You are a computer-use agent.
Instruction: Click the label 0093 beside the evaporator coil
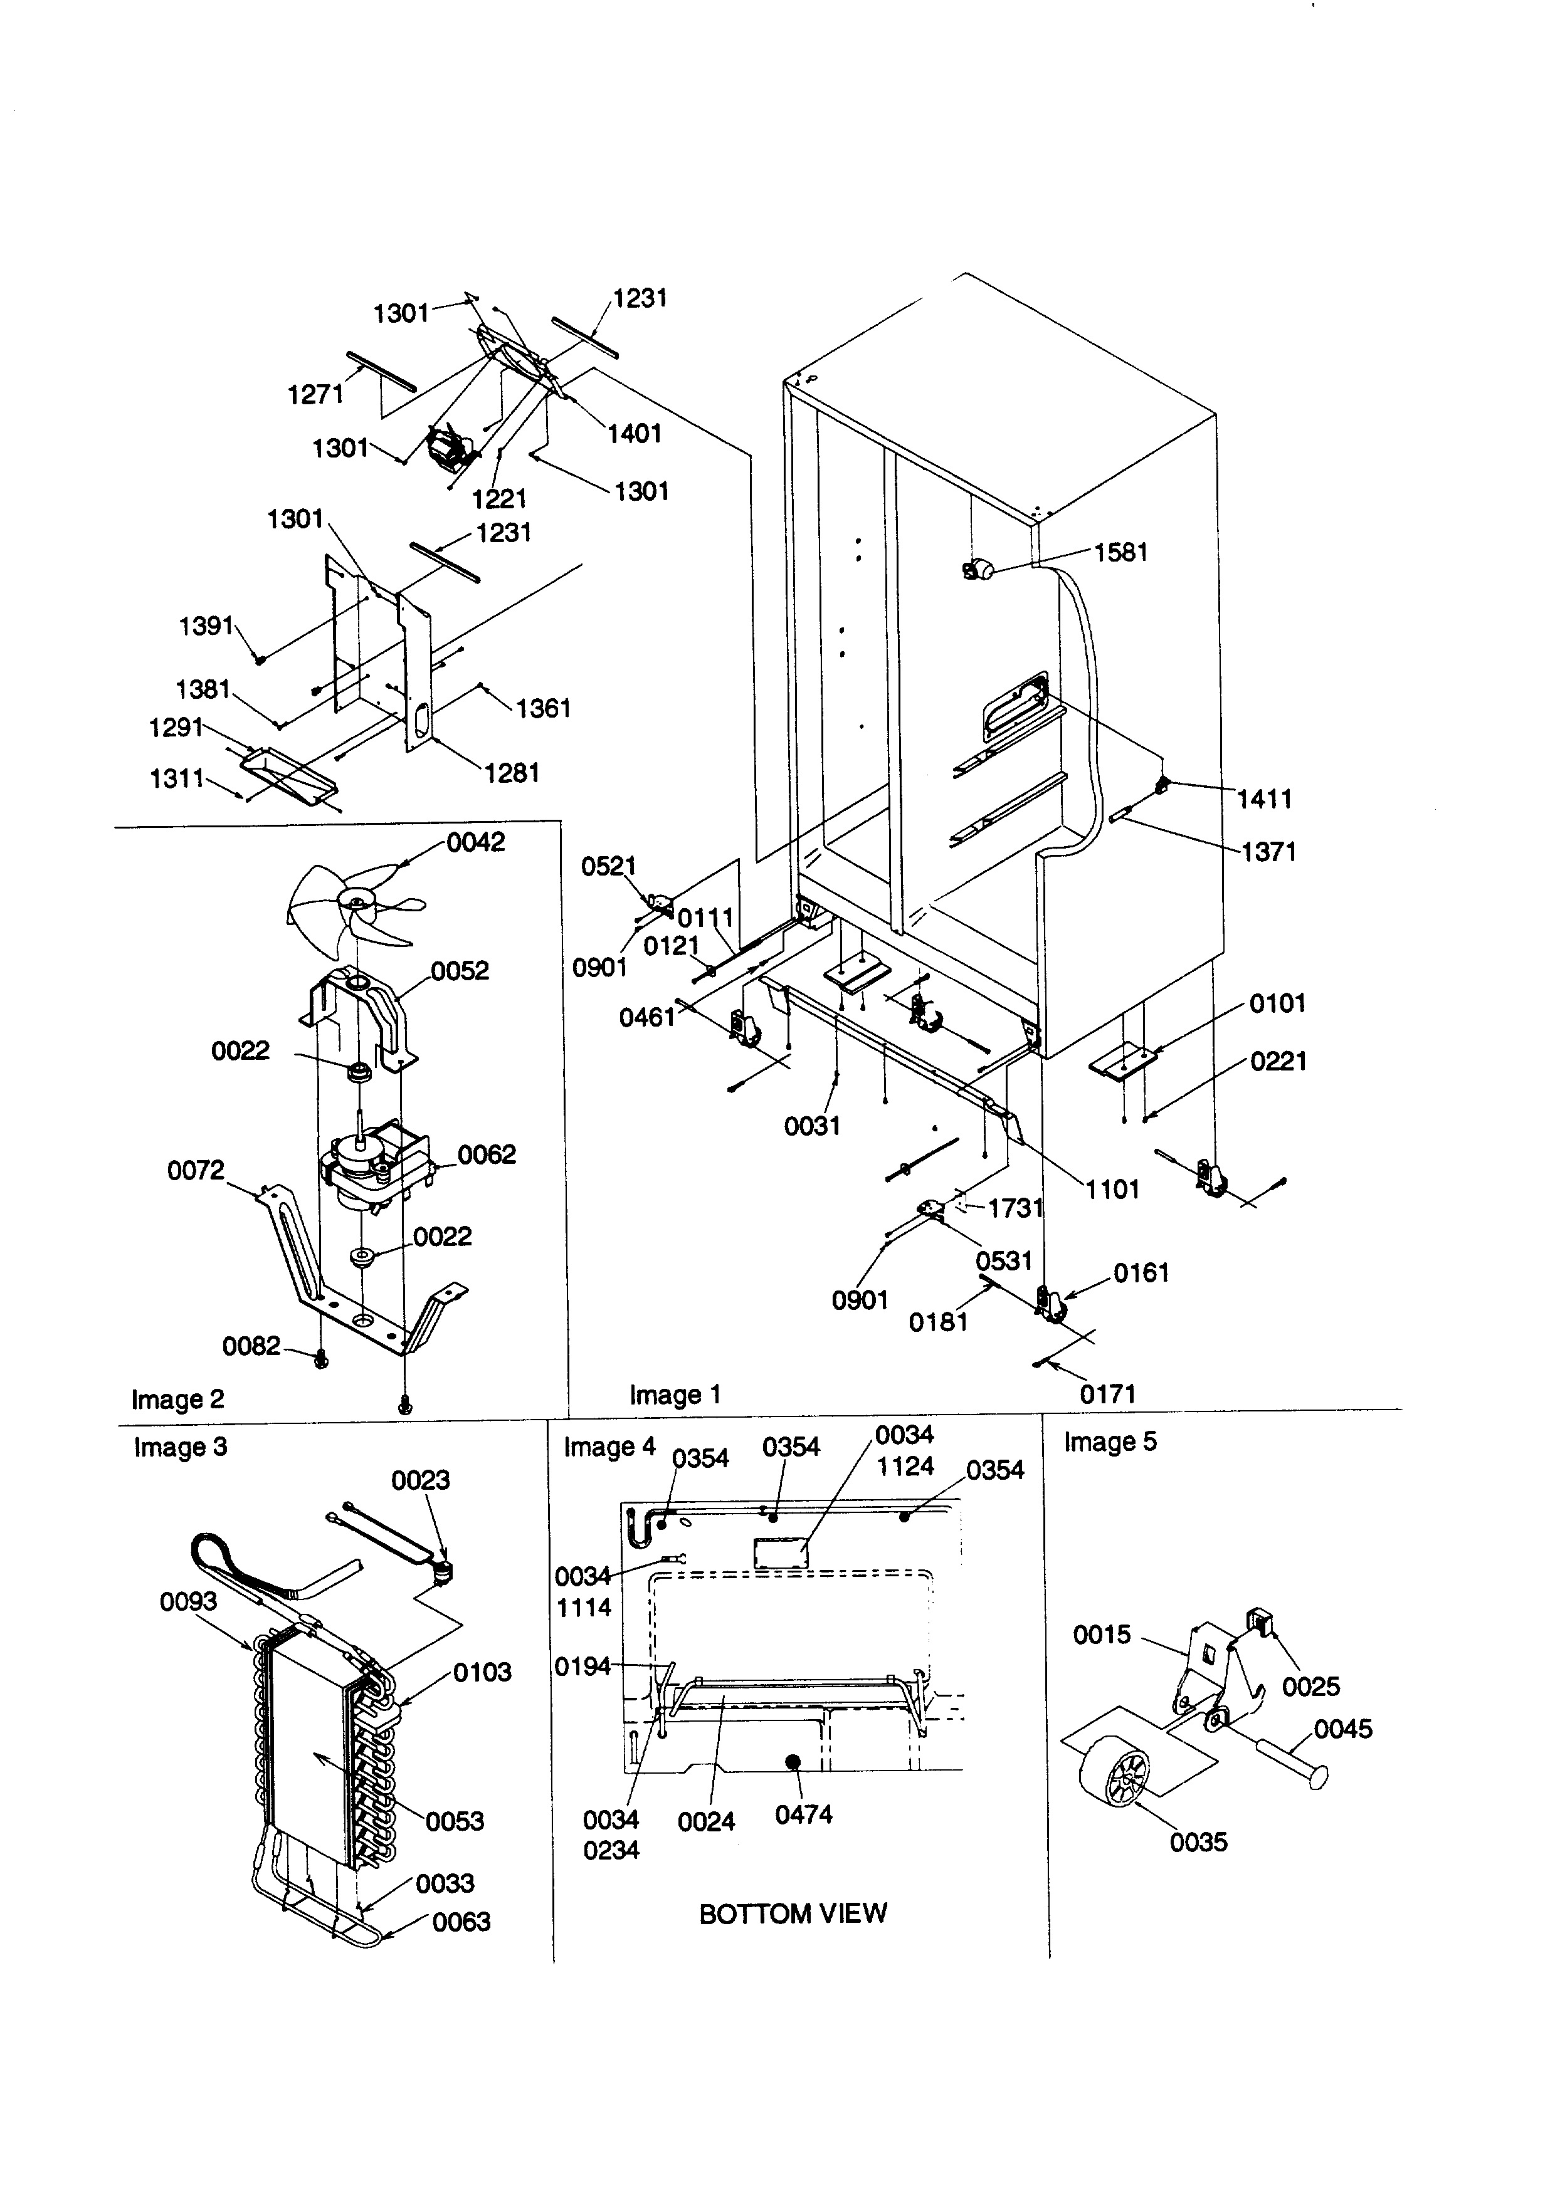189,1601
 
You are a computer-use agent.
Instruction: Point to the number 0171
1108,1394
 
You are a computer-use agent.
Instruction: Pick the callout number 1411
1264,798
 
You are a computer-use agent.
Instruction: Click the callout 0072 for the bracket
196,1170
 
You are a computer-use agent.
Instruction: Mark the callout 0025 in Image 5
1311,1686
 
